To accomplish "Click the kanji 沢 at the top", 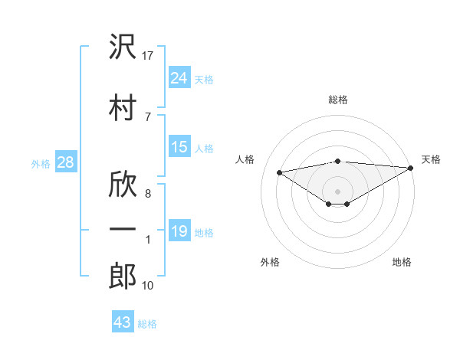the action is tap(123, 46).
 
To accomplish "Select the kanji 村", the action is tap(123, 107).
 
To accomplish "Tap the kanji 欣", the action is tap(123, 184).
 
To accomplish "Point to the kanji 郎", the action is tap(123, 276).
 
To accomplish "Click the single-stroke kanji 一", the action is tap(123, 229).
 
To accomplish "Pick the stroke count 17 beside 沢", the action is tap(147, 56).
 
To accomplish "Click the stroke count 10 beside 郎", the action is tap(147, 286).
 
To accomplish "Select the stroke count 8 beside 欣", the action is tap(148, 194).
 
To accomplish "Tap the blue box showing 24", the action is tap(179, 77).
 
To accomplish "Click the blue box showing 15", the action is tap(179, 146).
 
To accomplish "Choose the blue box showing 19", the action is tap(179, 230).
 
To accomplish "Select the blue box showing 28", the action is tap(66, 162).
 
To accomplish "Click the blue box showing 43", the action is tap(123, 321).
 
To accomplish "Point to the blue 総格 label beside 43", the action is tap(147, 324).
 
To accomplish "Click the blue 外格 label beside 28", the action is tap(41, 164).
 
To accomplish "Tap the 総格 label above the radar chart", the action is tap(338, 100).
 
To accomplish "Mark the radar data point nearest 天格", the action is tap(411, 168).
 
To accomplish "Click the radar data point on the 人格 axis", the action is tap(279, 172).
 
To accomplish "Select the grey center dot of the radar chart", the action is tap(337, 191).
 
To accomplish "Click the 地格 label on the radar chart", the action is tap(402, 262).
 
